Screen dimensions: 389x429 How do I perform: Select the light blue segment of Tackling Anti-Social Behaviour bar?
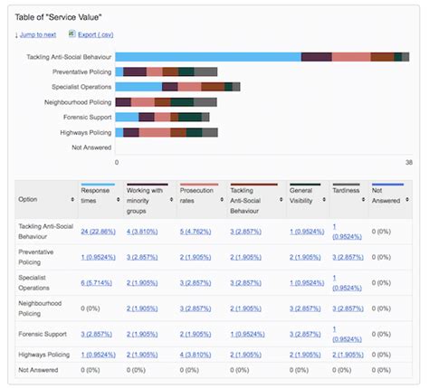[208, 57]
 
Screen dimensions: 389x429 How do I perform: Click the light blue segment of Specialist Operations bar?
[139, 87]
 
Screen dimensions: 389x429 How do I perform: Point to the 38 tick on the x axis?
[408, 163]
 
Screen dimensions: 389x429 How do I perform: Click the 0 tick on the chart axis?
[117, 163]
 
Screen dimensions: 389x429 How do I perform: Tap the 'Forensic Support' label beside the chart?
[88, 117]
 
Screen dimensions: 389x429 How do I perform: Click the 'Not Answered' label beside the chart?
[91, 147]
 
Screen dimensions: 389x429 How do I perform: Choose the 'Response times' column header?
[95, 195]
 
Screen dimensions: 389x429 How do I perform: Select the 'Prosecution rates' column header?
[196, 195]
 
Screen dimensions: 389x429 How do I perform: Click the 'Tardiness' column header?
[346, 191]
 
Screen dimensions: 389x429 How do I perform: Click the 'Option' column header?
[29, 199]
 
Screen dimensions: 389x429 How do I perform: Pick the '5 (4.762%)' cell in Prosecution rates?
[199, 231]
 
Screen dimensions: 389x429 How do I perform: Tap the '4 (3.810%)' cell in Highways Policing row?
[199, 354]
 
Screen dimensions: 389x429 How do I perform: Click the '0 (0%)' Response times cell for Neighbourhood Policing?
[90, 308]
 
